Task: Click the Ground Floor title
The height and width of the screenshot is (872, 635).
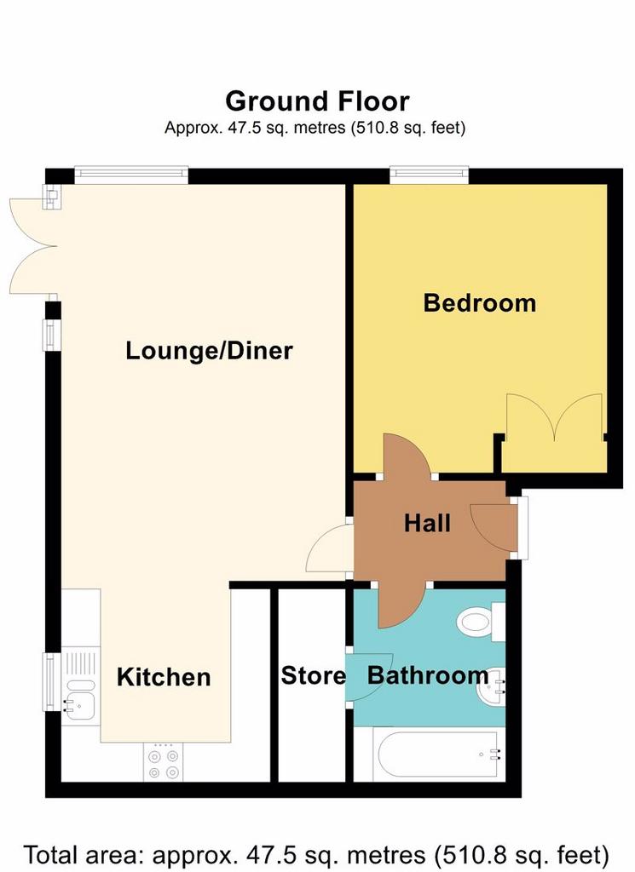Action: [317, 101]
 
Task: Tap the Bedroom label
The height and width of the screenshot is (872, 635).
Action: [480, 303]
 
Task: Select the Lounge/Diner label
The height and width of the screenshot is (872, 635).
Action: [210, 351]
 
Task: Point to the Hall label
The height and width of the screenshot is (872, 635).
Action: [427, 524]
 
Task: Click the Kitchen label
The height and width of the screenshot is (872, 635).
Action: [164, 677]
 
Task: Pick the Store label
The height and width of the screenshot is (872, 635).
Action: [314, 675]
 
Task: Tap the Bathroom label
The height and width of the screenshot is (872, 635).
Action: [428, 675]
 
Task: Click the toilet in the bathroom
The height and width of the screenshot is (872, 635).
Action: [481, 621]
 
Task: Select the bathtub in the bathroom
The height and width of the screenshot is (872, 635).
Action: [438, 754]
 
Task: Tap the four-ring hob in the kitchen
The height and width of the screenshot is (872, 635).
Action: [164, 762]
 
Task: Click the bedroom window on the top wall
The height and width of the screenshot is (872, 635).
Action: [429, 175]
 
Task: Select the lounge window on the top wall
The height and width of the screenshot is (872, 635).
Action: [131, 175]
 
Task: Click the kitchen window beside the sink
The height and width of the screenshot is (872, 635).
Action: [52, 682]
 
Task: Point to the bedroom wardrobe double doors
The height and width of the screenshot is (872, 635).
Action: [554, 417]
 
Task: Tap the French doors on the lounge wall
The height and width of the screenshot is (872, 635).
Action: [32, 246]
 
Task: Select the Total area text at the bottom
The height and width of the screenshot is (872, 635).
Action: [316, 854]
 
